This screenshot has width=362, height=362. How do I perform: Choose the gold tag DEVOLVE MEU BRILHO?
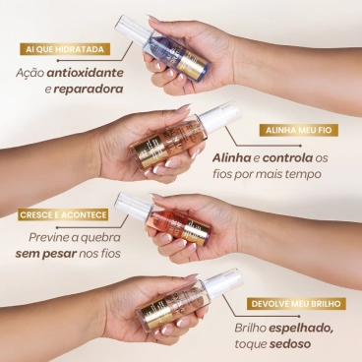tap(292, 303)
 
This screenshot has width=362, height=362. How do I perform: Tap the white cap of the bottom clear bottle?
tap(225, 281)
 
